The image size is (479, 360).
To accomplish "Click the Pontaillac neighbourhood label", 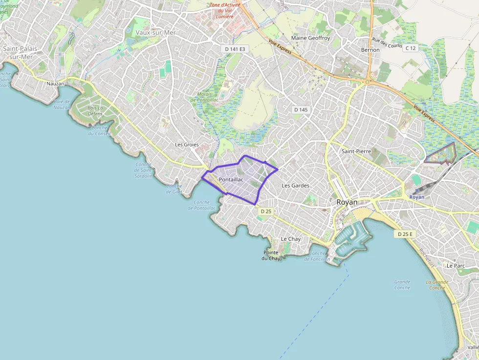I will tap(231, 180).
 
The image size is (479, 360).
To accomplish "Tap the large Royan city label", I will tap(347, 202).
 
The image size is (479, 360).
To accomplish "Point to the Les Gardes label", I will tap(296, 186).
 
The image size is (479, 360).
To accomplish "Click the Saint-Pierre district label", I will tap(356, 151).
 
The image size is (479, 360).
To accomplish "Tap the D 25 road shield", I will tap(266, 212).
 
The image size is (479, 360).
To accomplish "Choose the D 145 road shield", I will tap(301, 110).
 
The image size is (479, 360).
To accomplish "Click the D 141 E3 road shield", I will tap(236, 49).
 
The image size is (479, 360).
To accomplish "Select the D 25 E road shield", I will tap(405, 234).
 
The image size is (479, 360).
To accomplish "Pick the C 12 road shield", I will tap(410, 48).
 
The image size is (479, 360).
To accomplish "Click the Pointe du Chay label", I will tap(271, 255).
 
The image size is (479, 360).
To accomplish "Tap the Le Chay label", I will tap(291, 239).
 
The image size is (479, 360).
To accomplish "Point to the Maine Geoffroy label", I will tap(310, 38).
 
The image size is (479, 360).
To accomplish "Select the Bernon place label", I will tap(370, 50).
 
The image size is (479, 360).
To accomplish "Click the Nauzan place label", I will tap(55, 84).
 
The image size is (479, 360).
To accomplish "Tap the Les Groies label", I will tap(187, 145).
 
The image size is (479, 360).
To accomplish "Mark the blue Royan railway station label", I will tap(417, 197).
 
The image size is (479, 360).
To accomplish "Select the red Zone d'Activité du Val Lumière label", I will tap(225, 11).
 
